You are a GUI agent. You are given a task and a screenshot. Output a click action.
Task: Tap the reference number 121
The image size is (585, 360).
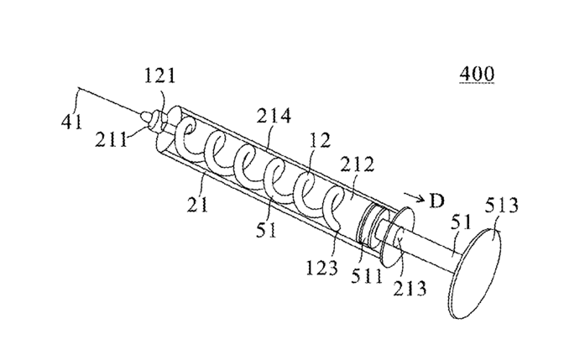tap(159, 78)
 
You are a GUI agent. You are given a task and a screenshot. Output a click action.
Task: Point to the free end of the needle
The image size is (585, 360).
tap(77, 88)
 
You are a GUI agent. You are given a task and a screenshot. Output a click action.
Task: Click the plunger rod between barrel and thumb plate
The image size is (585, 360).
tap(436, 249)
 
